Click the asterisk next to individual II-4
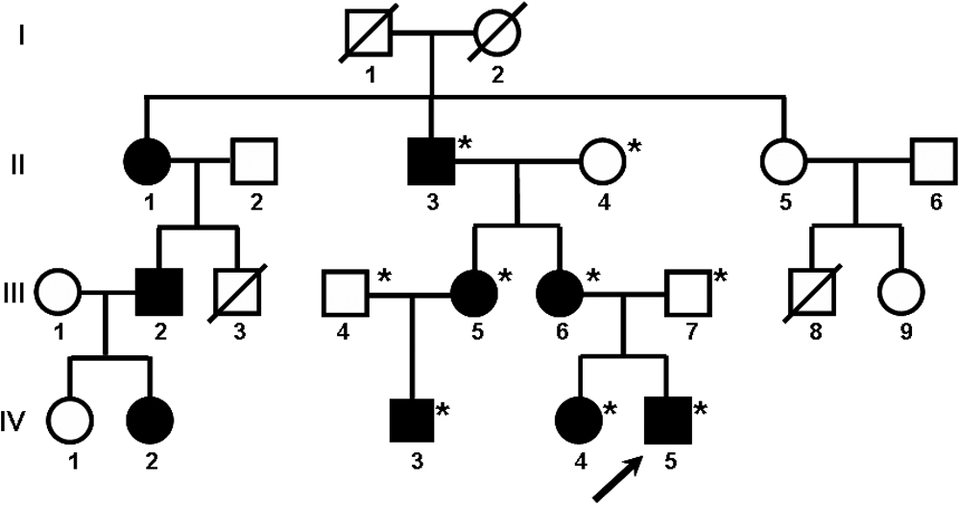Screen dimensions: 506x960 coord(635,146)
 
